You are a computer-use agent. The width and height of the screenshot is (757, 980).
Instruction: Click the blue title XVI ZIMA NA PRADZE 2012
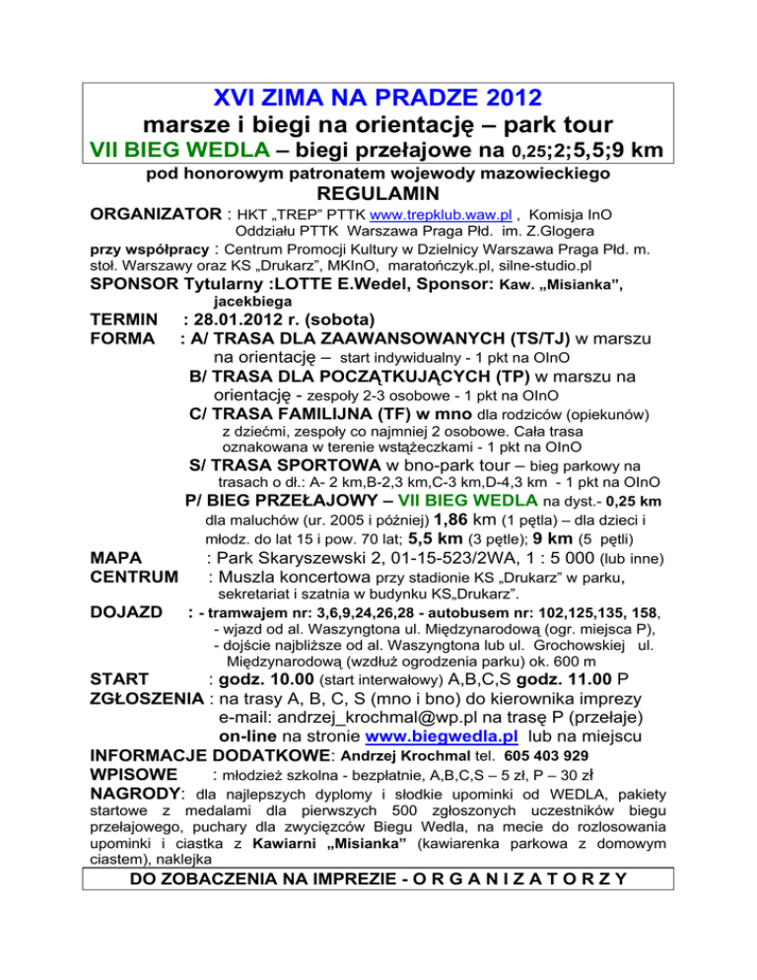click(x=378, y=99)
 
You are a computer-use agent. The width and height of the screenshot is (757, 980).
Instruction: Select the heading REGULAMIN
click(x=378, y=196)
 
